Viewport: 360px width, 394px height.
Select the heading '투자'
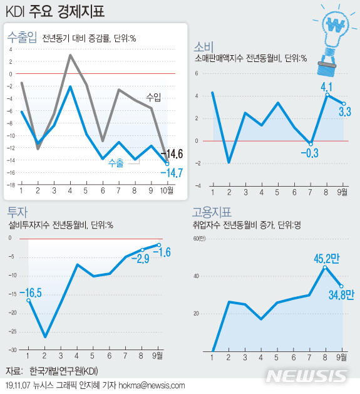pyautogui.click(x=17, y=211)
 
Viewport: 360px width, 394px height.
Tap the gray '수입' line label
pyautogui.click(x=153, y=96)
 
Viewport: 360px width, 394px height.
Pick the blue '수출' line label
pyautogui.click(x=116, y=162)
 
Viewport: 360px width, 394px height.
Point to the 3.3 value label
pyautogui.click(x=344, y=112)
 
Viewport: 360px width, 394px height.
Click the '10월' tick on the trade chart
pyautogui.click(x=167, y=190)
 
